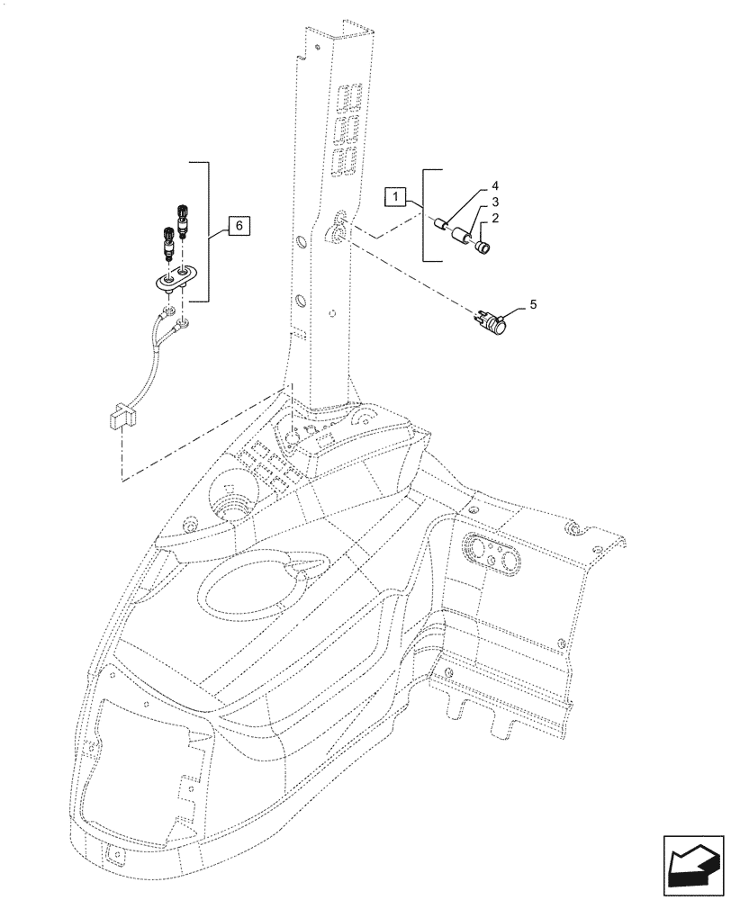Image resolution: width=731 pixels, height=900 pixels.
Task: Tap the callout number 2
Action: pos(494,220)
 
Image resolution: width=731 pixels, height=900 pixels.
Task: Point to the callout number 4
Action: pos(494,187)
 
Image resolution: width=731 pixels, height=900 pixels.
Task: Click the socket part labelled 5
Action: pos(492,320)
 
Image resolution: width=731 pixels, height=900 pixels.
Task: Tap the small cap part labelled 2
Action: pos(483,246)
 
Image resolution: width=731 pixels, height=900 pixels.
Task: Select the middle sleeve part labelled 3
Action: pos(464,238)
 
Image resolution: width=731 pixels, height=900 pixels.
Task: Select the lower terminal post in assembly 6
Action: pos(167,240)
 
